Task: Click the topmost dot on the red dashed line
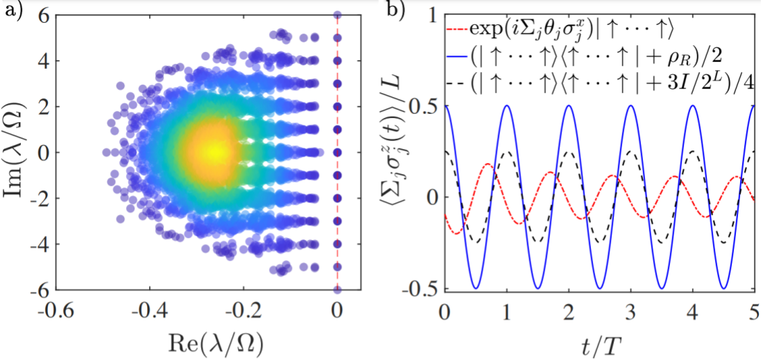pyautogui.click(x=337, y=15)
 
